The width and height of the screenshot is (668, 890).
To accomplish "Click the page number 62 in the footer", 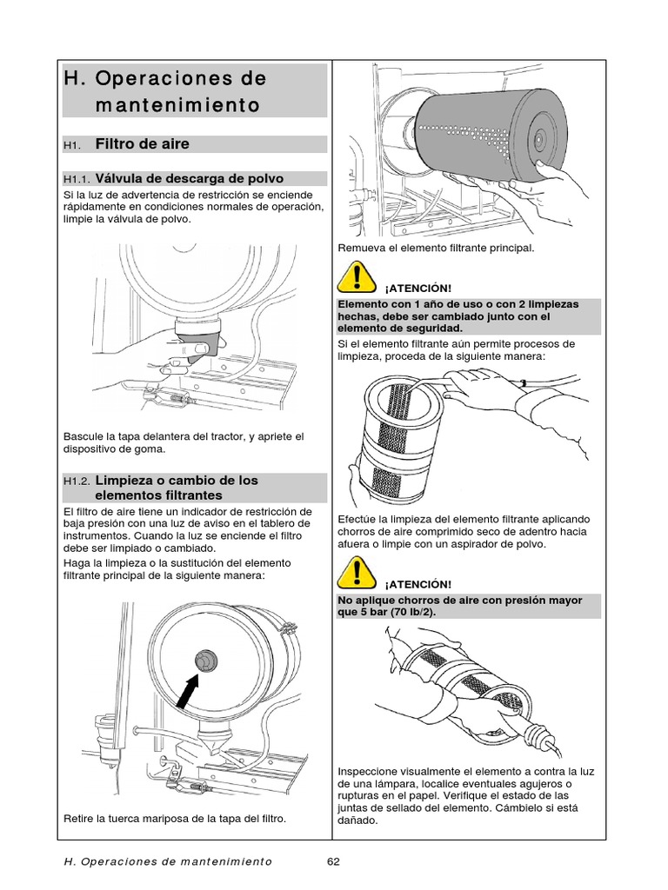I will (x=332, y=861).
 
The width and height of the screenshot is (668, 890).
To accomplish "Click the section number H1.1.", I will (x=77, y=179).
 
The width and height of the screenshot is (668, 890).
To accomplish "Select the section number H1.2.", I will (x=77, y=481).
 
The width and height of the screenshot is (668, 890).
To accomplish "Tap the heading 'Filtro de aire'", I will (x=142, y=143).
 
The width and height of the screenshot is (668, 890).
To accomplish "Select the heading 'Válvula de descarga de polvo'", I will (x=189, y=179).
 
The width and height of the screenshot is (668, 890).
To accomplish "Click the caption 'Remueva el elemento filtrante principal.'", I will (x=436, y=249).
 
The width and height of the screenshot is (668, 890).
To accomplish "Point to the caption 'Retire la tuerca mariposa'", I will (x=175, y=819).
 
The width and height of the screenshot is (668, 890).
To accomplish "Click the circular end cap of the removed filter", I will (x=538, y=137).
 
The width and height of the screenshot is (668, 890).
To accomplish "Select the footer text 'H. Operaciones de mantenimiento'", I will (x=168, y=861).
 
